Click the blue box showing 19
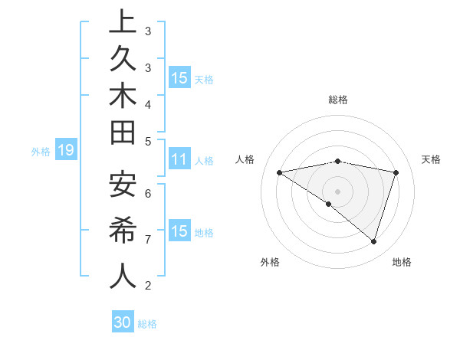65,151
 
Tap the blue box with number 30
123,322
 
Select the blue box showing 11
179,160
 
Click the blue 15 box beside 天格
179,78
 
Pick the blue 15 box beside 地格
179,231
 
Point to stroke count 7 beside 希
147,240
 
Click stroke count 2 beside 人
147,286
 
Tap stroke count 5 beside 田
147,141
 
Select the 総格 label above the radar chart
337,100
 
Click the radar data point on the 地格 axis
373,241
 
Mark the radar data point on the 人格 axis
280,172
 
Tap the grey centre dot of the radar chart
337,191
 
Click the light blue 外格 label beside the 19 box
41,152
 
